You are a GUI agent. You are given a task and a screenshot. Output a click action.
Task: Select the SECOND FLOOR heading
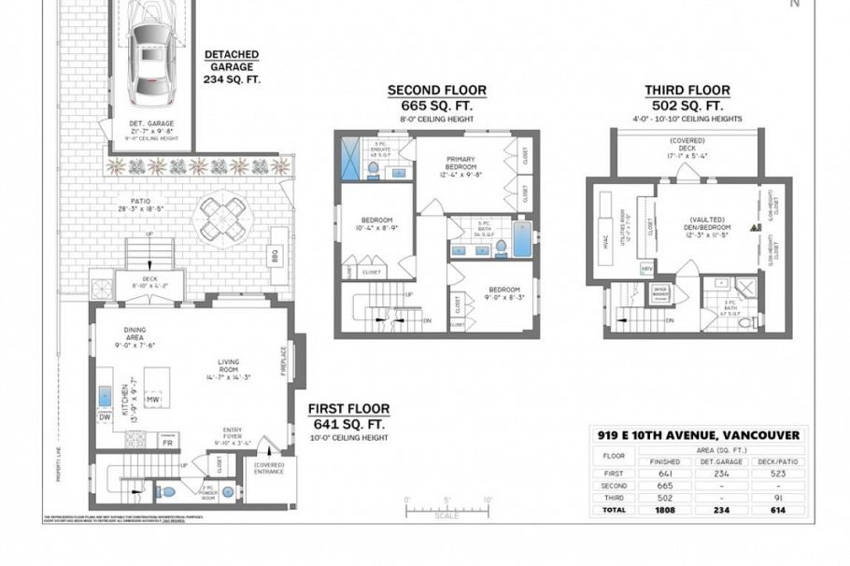(437, 91)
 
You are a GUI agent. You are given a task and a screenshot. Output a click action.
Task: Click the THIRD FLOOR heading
(687, 91)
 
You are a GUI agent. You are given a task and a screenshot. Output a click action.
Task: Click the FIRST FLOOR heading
(348, 409)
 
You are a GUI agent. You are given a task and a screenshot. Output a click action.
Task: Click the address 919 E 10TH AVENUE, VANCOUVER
(699, 434)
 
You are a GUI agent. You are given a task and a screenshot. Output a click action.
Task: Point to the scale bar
(446, 510)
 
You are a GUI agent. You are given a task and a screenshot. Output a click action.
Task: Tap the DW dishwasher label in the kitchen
(105, 417)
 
